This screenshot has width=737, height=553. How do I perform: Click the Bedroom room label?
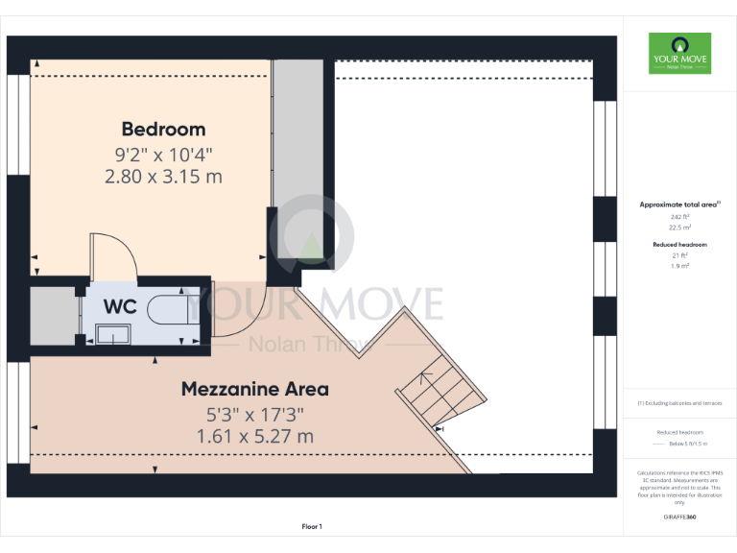[x=163, y=129]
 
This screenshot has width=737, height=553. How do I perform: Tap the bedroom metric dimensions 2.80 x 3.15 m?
[x=163, y=176]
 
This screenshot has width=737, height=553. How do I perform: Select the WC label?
[x=120, y=306]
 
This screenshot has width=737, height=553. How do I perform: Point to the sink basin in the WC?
[x=114, y=334]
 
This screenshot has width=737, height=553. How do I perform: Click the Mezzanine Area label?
[x=255, y=389]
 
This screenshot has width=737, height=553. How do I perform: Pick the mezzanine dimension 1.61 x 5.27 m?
[x=255, y=436]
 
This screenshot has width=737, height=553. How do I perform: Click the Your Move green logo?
[x=679, y=54]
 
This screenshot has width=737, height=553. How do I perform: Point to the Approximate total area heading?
[x=679, y=204]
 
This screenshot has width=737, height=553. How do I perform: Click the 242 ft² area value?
[x=679, y=217]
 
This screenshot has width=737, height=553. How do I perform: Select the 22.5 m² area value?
[x=679, y=228]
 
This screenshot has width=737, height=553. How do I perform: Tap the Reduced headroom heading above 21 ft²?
[x=679, y=245]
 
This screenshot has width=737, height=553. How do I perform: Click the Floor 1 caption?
[x=312, y=526]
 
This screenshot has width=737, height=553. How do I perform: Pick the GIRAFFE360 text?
[x=679, y=517]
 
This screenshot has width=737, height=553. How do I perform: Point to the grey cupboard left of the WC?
[x=52, y=315]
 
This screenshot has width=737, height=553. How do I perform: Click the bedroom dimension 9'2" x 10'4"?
[x=163, y=154]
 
